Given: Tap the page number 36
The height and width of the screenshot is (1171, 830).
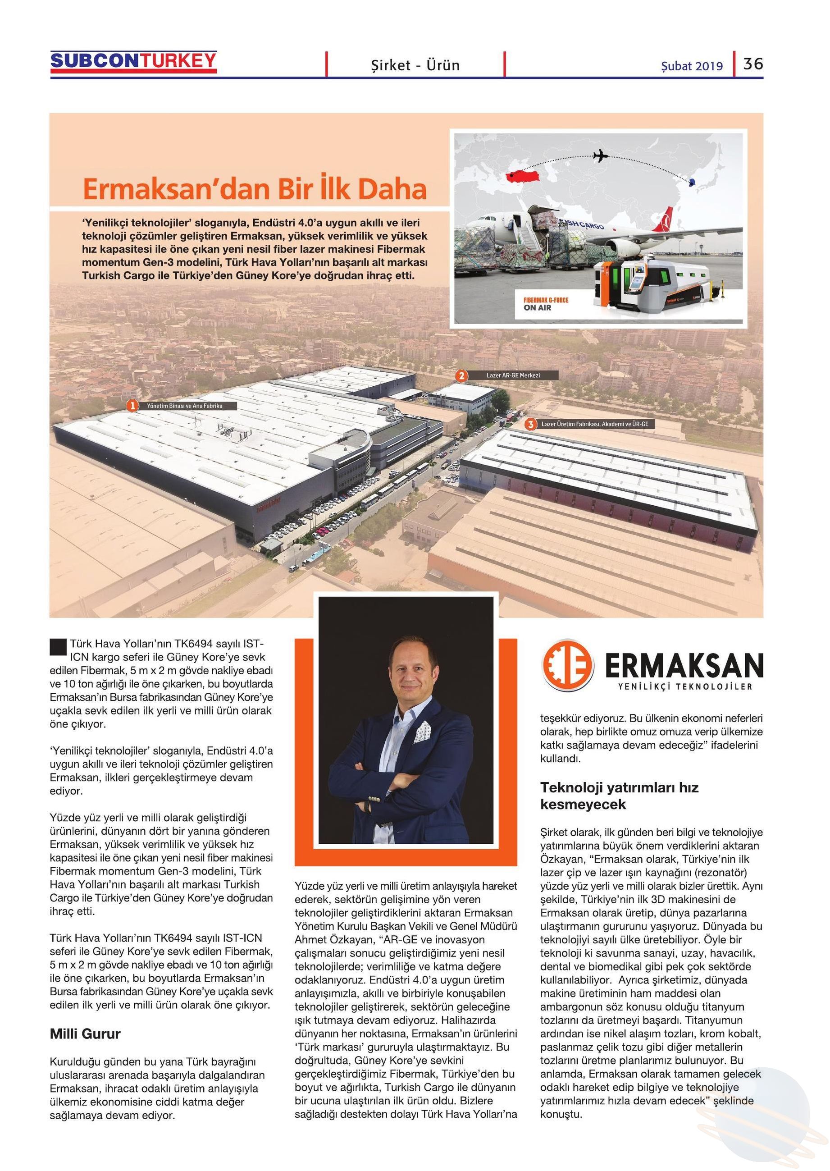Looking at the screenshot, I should click(x=753, y=64).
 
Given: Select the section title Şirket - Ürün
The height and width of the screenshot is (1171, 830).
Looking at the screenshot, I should click(x=415, y=65).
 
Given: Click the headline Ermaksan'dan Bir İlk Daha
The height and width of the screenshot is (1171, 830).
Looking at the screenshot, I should click(x=255, y=190).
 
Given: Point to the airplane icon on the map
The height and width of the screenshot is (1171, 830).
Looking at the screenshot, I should click(x=601, y=156).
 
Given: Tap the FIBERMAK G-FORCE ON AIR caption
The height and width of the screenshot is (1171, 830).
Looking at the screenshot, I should click(x=546, y=304).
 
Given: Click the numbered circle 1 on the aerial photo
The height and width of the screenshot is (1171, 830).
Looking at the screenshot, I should click(x=132, y=406).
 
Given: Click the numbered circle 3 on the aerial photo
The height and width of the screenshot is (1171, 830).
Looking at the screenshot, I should click(x=531, y=424).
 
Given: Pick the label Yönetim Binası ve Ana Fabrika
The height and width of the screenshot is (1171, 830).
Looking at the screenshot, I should click(x=184, y=406).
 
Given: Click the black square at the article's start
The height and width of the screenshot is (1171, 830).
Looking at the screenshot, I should click(x=58, y=647).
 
